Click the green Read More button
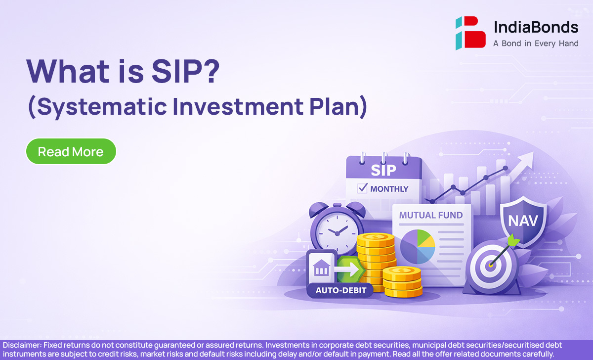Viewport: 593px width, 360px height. (71, 151)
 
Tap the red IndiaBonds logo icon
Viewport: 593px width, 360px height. (470, 33)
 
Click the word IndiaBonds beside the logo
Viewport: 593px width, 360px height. (536, 28)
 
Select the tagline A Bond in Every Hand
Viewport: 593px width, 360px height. (536, 44)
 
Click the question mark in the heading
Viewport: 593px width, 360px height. (210, 71)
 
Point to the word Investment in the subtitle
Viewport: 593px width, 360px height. (238, 106)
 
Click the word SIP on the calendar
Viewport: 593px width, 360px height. (383, 170)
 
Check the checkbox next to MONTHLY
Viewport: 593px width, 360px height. (362, 188)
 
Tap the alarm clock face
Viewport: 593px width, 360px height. (337, 233)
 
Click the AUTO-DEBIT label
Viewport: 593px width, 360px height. (340, 290)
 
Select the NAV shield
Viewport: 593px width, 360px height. (523, 221)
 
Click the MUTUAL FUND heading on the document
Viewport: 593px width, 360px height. (431, 215)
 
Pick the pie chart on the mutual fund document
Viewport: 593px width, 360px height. (418, 247)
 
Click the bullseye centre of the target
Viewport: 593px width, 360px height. (490, 265)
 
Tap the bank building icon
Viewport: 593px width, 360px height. (321, 268)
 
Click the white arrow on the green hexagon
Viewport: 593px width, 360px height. (346, 270)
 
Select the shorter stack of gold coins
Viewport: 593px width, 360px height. (402, 282)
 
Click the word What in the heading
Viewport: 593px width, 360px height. (68, 71)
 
